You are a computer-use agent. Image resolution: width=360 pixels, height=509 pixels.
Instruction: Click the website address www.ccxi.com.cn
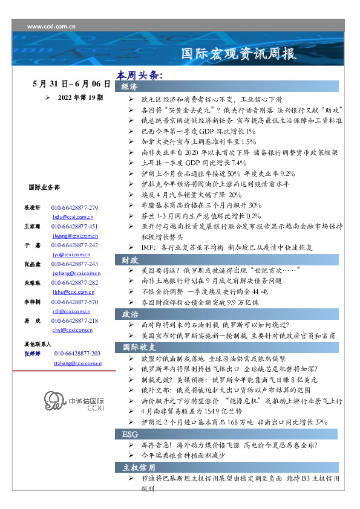tap(51, 27)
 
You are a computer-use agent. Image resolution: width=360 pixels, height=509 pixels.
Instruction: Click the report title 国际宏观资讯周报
tap(239, 54)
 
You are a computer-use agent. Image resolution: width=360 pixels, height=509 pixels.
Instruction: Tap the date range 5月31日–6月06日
tap(71, 84)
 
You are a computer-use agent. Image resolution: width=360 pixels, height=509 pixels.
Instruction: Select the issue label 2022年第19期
tap(80, 97)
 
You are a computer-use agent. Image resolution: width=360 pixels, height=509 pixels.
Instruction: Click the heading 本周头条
tap(139, 76)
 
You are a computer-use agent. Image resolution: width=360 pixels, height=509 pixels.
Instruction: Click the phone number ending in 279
tap(75, 207)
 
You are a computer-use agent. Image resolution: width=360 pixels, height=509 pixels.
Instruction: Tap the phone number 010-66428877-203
tap(77, 353)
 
